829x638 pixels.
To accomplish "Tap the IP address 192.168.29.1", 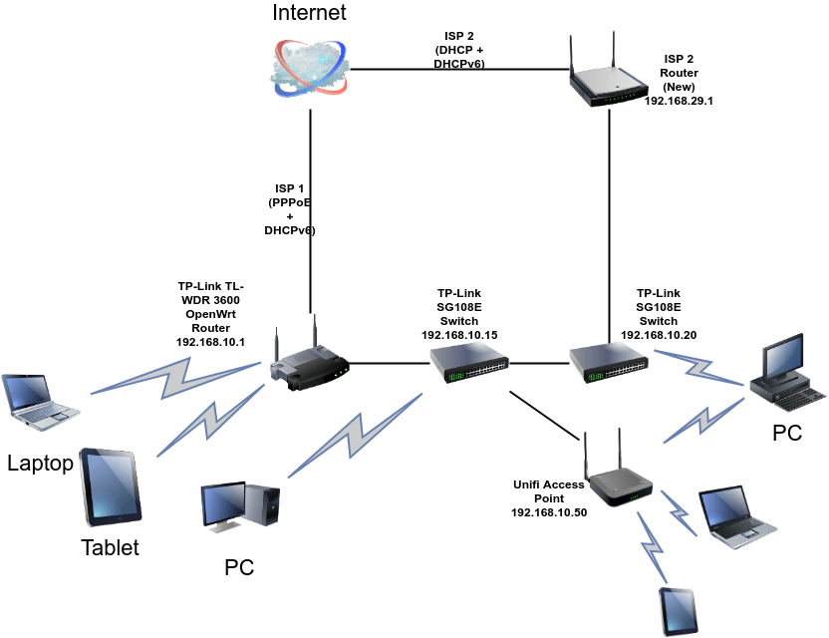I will tap(680, 102).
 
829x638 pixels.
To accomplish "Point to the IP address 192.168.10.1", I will tap(209, 342).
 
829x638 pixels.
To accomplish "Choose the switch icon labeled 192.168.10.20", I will tap(609, 364).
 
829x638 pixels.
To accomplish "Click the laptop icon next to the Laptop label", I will tap(39, 402).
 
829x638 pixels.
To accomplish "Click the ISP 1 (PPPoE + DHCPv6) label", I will tap(290, 209).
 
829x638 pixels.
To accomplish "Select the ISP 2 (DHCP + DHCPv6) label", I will tap(461, 50).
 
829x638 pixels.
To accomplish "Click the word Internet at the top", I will tap(310, 13).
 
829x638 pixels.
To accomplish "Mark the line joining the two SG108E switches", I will tap(539, 363).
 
